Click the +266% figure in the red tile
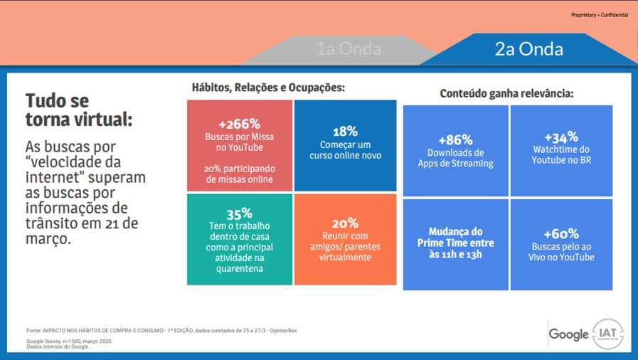click(x=239, y=124)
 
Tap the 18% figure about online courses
click(x=345, y=132)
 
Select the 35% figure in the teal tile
click(x=239, y=213)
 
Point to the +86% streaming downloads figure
click(x=455, y=140)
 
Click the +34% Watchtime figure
click(x=561, y=137)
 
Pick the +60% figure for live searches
click(x=561, y=234)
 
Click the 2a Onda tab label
click(x=529, y=49)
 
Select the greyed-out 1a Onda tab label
click(x=349, y=49)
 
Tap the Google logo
click(x=568, y=334)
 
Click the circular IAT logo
click(x=607, y=334)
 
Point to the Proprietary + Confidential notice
click(x=600, y=15)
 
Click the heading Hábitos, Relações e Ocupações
click(x=268, y=88)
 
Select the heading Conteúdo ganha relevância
click(x=506, y=94)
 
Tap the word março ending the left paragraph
click(x=48, y=239)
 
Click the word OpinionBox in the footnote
click(x=283, y=331)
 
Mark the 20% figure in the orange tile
click(x=345, y=223)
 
